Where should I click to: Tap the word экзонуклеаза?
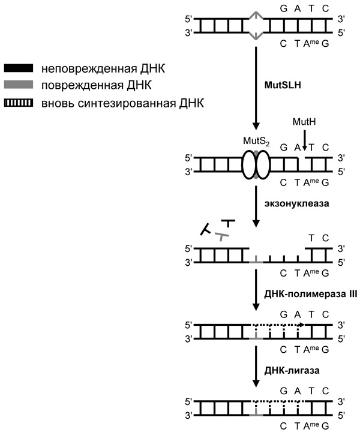[292, 202]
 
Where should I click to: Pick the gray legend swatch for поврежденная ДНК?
[20, 86]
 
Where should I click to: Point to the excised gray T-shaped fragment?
[222, 236]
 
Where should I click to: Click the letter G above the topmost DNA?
[283, 9]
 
